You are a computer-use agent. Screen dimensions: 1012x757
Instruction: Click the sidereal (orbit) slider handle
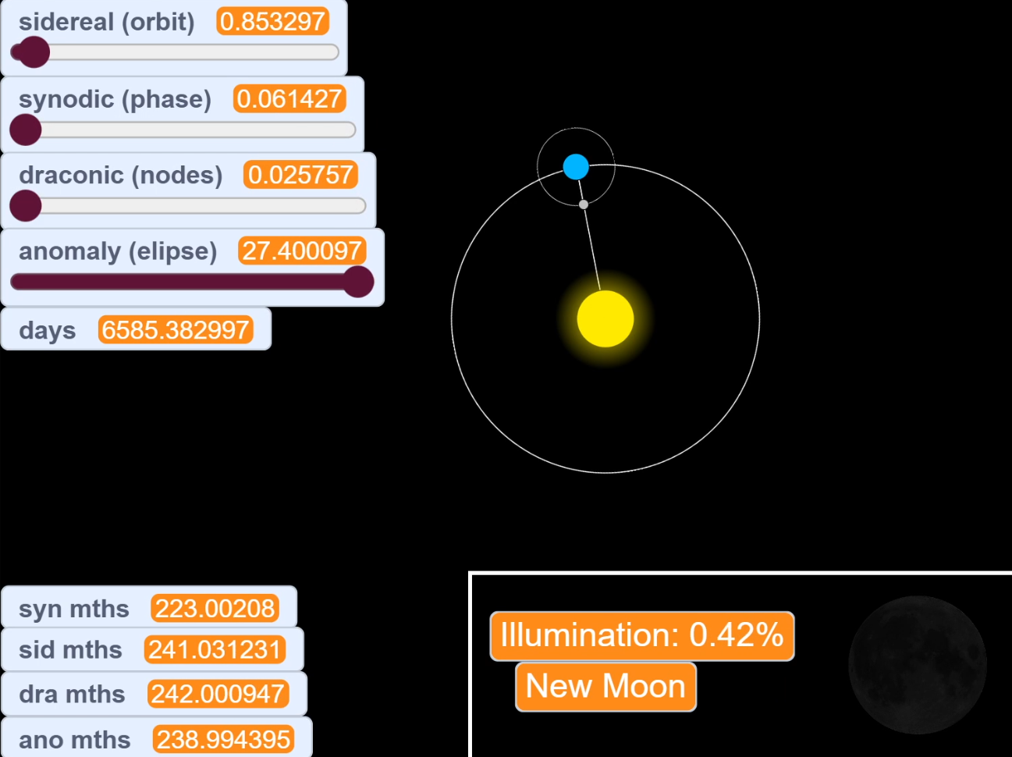click(34, 52)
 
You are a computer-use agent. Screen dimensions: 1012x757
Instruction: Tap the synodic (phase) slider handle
click(26, 130)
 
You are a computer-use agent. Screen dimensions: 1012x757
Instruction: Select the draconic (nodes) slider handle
click(26, 205)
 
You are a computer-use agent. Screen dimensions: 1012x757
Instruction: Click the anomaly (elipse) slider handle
click(358, 282)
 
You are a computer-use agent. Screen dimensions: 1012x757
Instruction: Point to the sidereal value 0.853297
click(272, 22)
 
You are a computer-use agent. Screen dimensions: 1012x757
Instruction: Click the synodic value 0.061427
click(289, 99)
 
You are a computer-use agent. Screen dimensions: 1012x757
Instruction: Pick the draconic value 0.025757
click(300, 175)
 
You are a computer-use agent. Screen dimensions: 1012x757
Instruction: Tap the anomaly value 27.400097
click(302, 251)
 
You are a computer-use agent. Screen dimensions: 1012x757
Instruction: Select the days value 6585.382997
click(176, 330)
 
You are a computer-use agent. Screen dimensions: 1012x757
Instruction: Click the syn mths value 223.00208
click(215, 609)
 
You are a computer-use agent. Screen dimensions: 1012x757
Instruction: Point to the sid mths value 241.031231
click(215, 650)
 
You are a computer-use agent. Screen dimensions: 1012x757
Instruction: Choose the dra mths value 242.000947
click(218, 694)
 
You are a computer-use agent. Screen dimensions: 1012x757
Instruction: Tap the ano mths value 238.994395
click(224, 739)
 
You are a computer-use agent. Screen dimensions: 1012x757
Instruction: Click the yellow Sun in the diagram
click(605, 318)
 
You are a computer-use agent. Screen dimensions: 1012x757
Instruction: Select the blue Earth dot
click(576, 166)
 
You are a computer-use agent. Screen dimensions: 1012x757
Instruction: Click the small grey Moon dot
click(584, 204)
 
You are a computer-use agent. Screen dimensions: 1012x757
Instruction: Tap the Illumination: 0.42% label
click(641, 635)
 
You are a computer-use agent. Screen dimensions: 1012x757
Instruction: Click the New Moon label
click(605, 687)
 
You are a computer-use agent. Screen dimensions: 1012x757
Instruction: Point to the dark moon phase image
click(918, 665)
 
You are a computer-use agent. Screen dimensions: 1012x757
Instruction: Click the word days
click(48, 330)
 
